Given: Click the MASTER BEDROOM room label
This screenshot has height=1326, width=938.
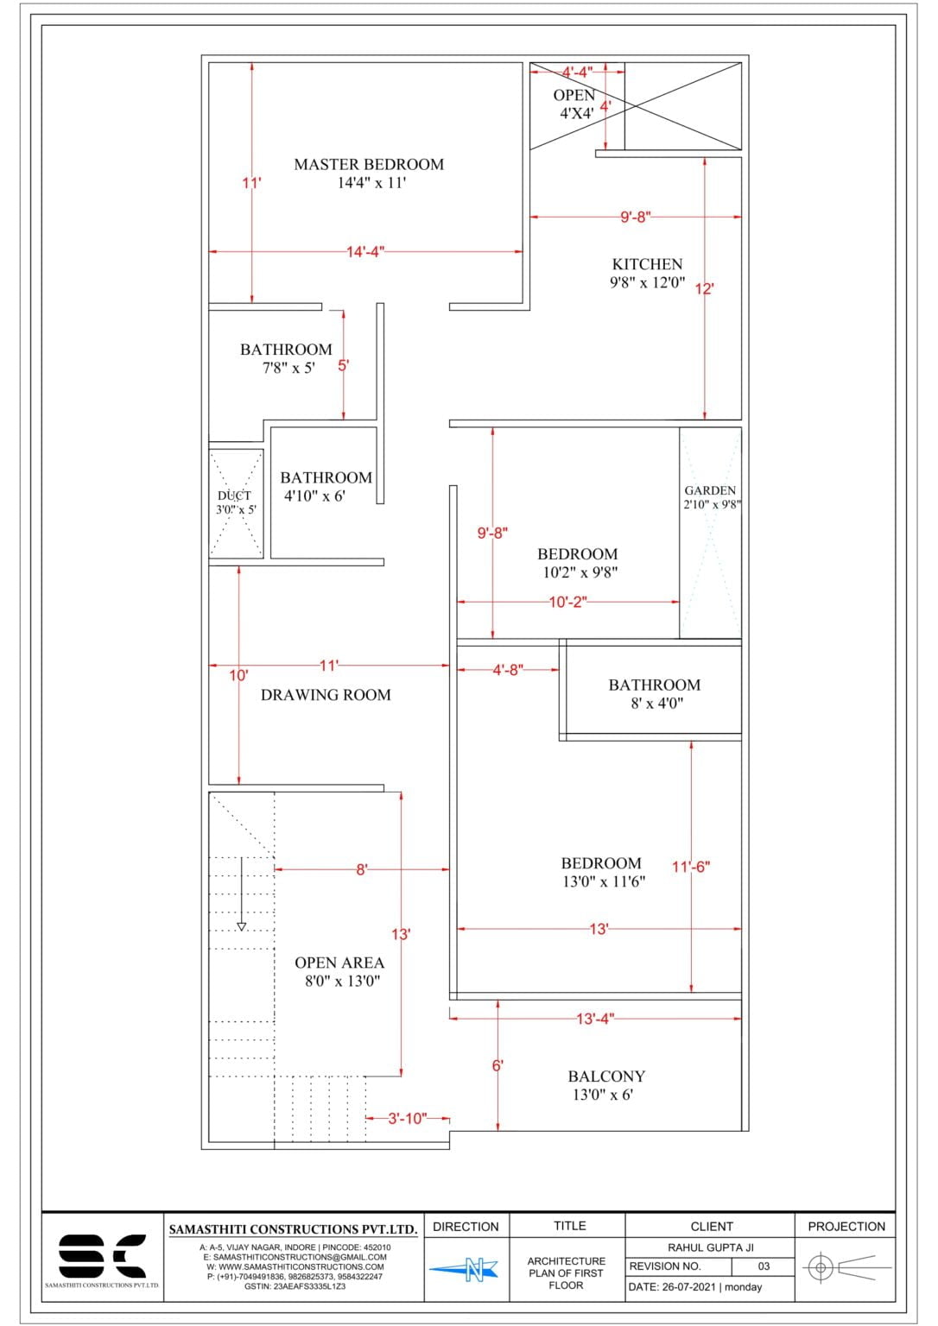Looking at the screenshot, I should pos(369,173).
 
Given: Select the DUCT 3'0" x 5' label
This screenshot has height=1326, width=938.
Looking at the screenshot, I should pos(235,502).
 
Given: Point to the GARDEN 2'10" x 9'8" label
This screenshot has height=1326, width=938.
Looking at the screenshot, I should pos(711,497).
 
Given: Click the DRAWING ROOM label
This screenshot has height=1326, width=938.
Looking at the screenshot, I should pos(326,695).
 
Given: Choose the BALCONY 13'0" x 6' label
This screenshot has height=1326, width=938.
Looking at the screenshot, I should pos(605,1085).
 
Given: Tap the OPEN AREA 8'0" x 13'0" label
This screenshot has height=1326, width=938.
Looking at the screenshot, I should pos(339,971).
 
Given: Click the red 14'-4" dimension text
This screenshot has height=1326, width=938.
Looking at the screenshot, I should pos(365,252).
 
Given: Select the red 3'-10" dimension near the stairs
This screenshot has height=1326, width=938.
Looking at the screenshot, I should pos(406,1119).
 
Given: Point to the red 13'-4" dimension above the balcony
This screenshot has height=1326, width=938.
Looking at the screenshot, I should pos(594,1019).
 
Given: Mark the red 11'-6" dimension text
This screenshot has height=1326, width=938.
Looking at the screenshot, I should pos(691,867).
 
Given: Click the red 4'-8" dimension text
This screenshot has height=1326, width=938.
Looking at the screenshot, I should pos(508,670).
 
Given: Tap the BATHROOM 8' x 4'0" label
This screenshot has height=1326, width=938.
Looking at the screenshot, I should pos(655,693).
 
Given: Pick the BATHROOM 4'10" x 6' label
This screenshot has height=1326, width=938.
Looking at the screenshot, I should pos(325,486).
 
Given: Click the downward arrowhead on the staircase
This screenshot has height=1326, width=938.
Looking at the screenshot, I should pos(242,926).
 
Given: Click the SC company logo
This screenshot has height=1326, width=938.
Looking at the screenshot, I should pos(102,1256).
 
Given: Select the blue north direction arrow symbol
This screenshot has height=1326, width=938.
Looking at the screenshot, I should pos(465,1268).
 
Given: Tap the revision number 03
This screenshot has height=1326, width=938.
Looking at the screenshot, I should pos(764,1266).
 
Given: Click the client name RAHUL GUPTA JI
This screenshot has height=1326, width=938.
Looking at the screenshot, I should pos(711,1247).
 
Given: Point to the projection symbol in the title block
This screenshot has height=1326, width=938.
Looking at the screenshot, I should pos(845,1268).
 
